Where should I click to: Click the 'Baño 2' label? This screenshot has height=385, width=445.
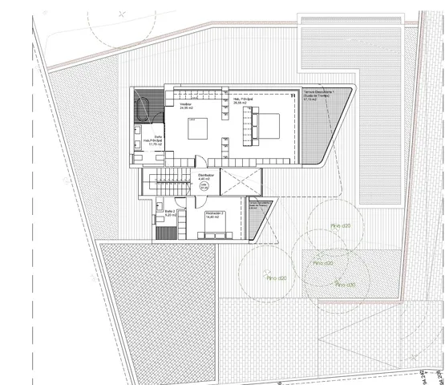point(170,213)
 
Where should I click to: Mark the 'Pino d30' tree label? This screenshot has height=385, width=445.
point(346,285)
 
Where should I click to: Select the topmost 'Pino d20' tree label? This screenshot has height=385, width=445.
point(341,226)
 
